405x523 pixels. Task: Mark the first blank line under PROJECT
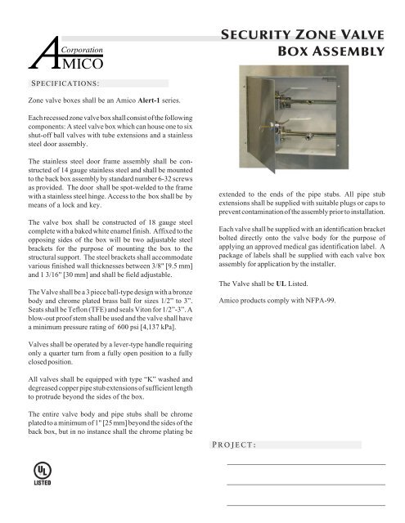pyautogui.click(x=305, y=465)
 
